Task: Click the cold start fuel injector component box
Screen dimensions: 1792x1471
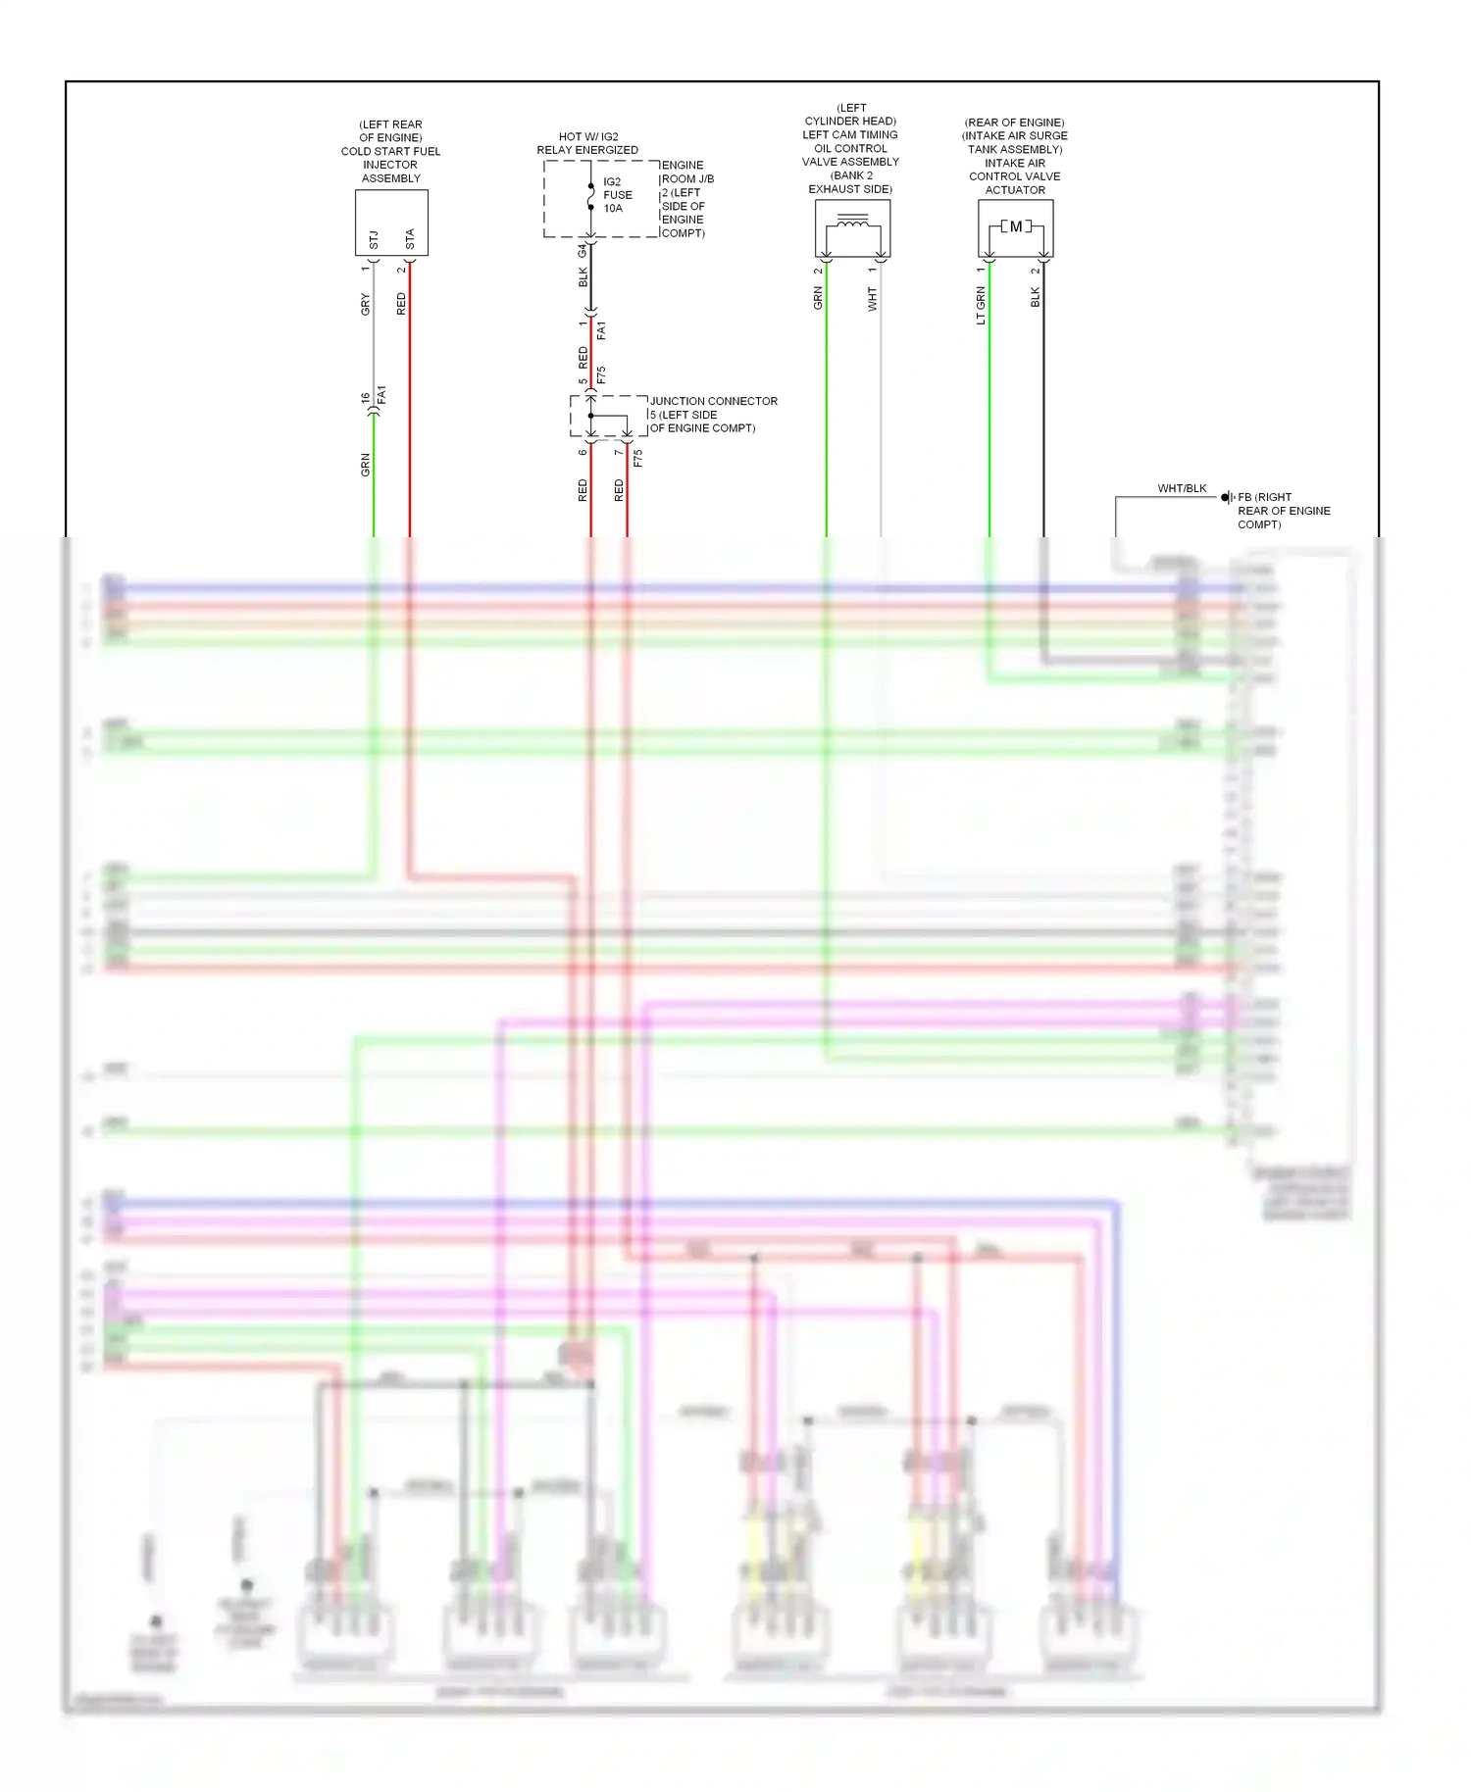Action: pyautogui.click(x=391, y=223)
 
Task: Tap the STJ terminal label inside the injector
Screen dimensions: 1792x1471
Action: pyautogui.click(x=374, y=239)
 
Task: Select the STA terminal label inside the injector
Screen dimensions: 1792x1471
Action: pyautogui.click(x=410, y=239)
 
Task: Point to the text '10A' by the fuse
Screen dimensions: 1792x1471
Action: pyautogui.click(x=613, y=209)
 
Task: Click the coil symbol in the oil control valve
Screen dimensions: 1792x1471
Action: pyautogui.click(x=852, y=224)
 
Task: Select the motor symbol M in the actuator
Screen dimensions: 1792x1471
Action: pyautogui.click(x=1016, y=226)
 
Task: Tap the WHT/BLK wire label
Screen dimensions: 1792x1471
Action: pyautogui.click(x=1182, y=488)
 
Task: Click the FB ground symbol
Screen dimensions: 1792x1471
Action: pyautogui.click(x=1227, y=498)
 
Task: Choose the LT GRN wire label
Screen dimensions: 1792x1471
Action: pyautogui.click(x=981, y=305)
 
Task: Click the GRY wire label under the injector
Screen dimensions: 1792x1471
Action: pyautogui.click(x=366, y=304)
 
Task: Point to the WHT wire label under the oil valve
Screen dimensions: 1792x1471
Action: pyautogui.click(x=872, y=299)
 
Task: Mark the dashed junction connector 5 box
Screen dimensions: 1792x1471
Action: pyautogui.click(x=608, y=417)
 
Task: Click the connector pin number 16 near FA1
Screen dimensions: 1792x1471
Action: pyautogui.click(x=366, y=397)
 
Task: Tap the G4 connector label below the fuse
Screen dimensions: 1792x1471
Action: pyautogui.click(x=583, y=251)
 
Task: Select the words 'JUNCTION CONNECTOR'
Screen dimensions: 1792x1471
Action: pyautogui.click(x=713, y=401)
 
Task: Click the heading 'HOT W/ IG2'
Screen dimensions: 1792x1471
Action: pyautogui.click(x=588, y=137)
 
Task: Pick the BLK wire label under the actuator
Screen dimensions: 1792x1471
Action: pyautogui.click(x=1036, y=297)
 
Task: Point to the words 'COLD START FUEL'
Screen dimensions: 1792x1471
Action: pyautogui.click(x=390, y=152)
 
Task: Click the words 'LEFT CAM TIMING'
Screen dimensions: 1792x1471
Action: pyautogui.click(x=849, y=135)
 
